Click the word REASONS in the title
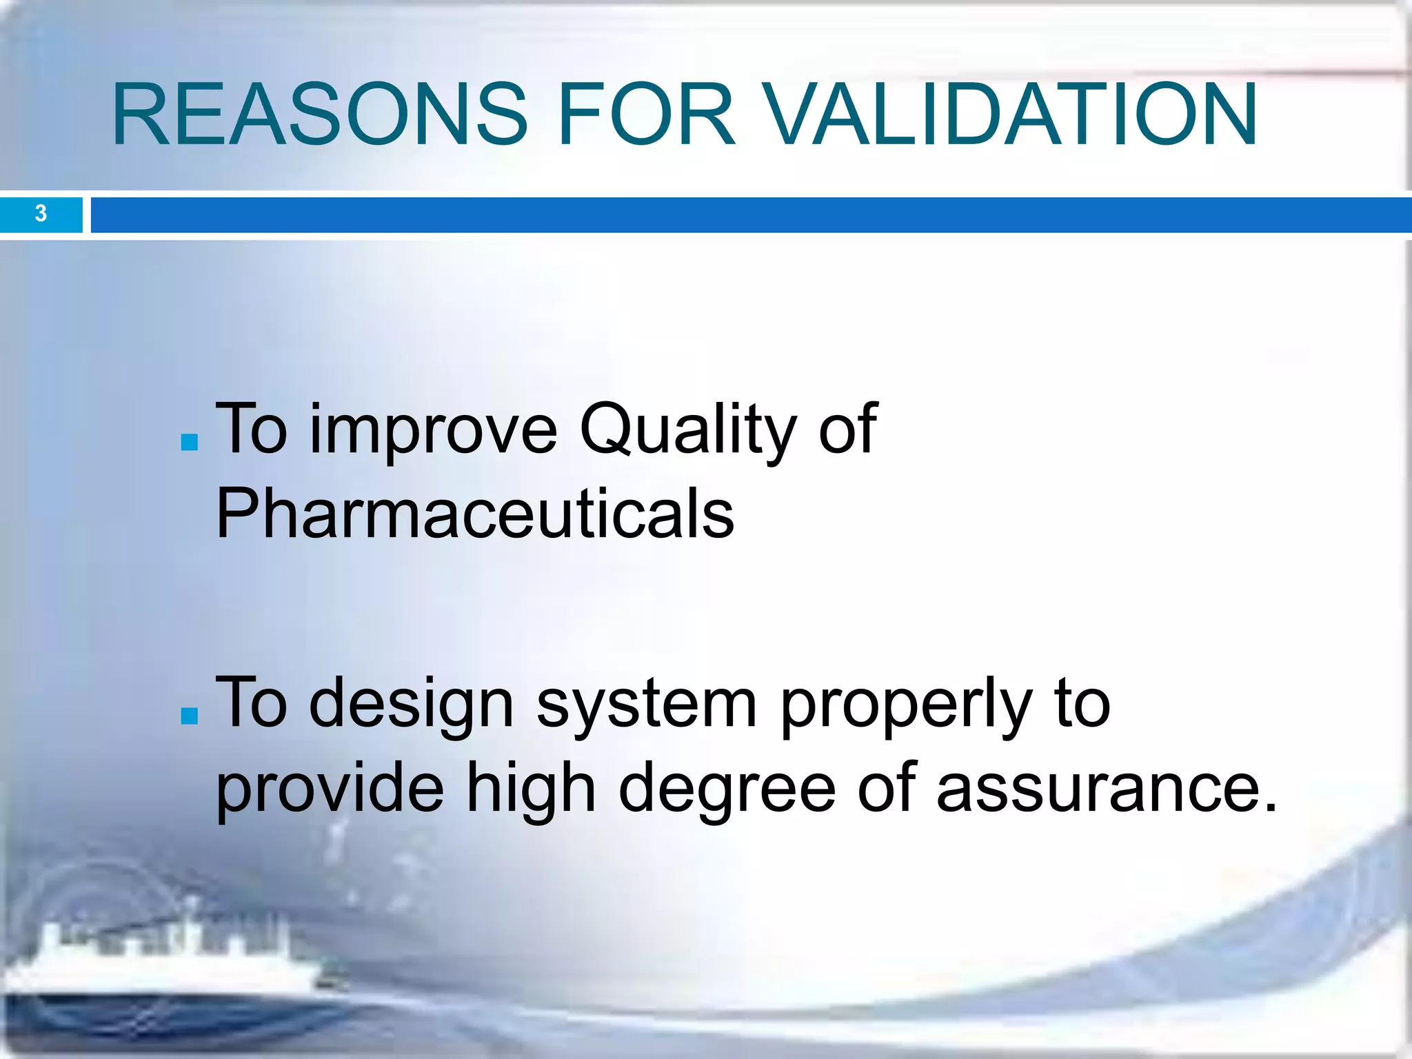[x=319, y=114]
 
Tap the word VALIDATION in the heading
[x=1011, y=114]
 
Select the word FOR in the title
[x=646, y=114]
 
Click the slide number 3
[x=41, y=214]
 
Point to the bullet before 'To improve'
[x=189, y=442]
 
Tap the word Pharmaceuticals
[x=474, y=514]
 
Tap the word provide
[x=330, y=788]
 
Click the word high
[x=531, y=788]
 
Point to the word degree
[x=727, y=788]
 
